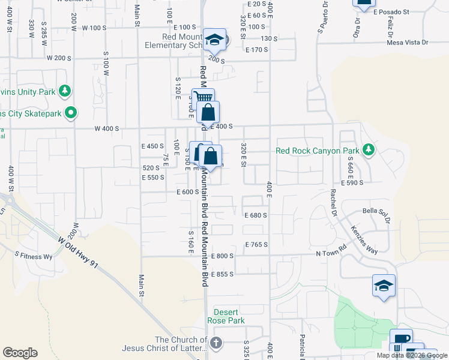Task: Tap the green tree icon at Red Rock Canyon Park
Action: click(x=370, y=150)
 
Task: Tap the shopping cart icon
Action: click(x=203, y=98)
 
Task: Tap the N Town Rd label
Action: click(x=332, y=254)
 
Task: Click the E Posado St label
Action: click(x=391, y=11)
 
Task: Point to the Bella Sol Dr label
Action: click(x=376, y=211)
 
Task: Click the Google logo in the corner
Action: click(x=20, y=352)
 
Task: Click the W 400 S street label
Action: click(x=106, y=128)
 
